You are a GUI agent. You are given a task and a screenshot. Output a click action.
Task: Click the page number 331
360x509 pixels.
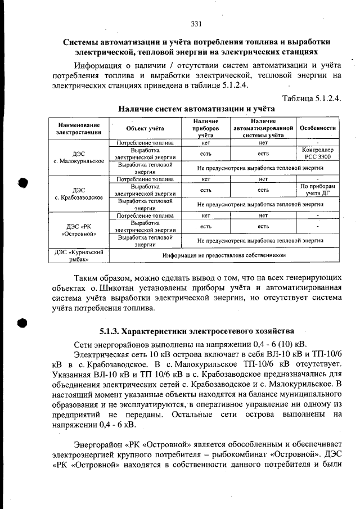(196, 24)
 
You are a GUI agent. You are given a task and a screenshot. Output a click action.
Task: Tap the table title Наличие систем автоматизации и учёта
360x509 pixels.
(196, 108)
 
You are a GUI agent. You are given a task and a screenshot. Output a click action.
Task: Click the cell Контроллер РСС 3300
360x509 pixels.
(318, 154)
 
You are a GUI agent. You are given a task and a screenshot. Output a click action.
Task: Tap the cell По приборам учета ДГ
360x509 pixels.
(318, 190)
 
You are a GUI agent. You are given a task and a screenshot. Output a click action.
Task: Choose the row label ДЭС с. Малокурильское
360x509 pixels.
(79, 157)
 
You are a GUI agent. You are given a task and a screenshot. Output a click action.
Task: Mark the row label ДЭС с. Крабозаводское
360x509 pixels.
(79, 194)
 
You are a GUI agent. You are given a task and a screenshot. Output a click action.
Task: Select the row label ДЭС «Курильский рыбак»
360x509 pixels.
(79, 255)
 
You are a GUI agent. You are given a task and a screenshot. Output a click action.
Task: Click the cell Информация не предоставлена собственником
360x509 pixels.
(224, 255)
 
